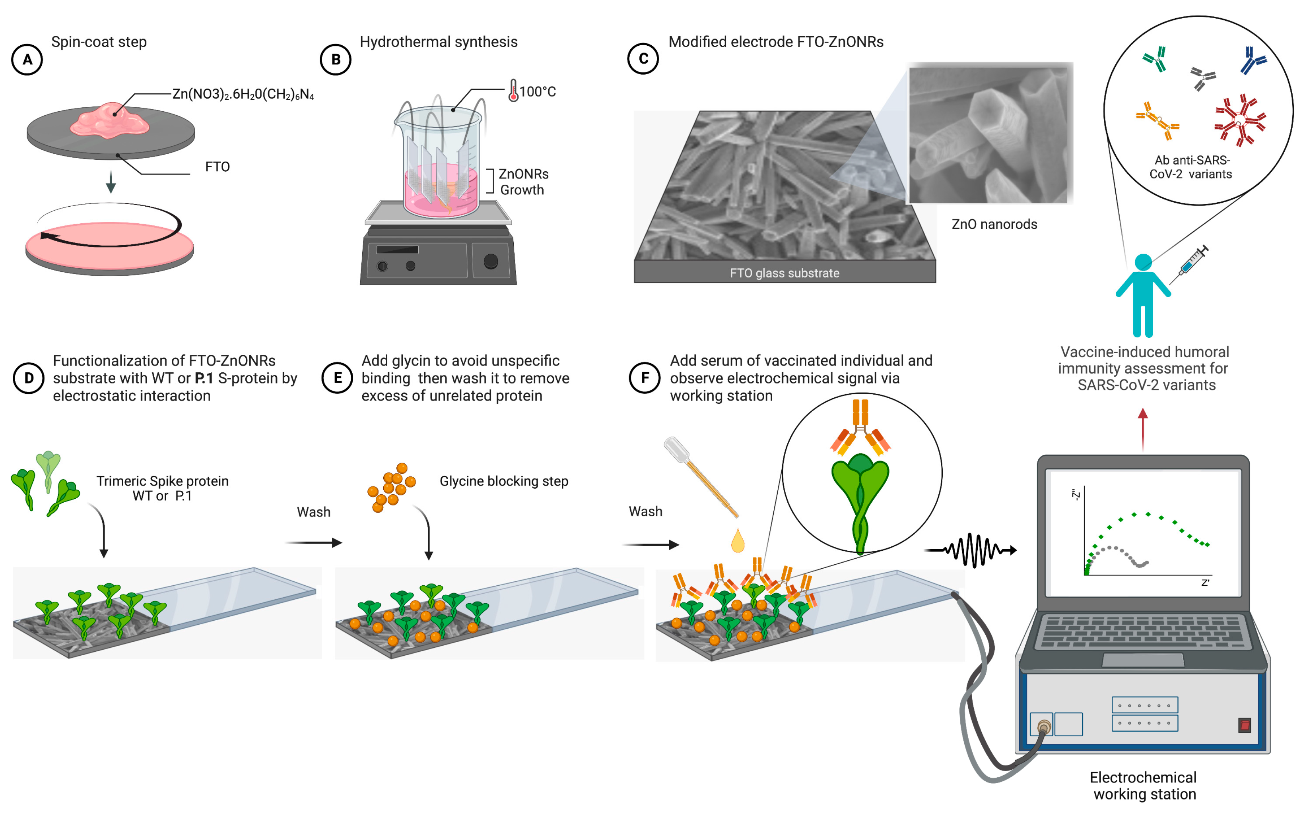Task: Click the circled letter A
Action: (x=27, y=60)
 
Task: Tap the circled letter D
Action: (x=29, y=378)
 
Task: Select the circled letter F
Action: (x=645, y=378)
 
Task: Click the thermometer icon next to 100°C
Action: (x=513, y=90)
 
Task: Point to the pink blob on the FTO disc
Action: (x=109, y=120)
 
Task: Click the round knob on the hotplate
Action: (x=490, y=261)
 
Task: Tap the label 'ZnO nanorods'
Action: (x=994, y=224)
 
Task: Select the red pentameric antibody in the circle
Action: (x=1239, y=120)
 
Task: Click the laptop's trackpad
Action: (x=1142, y=660)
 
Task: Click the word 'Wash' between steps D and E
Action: (x=314, y=512)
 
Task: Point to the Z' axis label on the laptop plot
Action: (x=1205, y=583)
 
